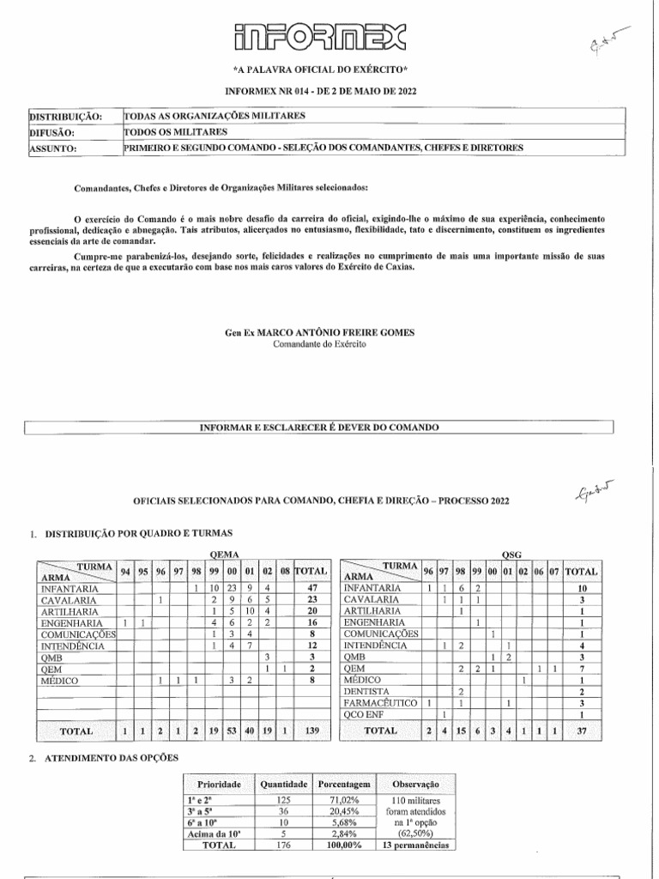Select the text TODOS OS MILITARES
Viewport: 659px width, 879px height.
coord(177,132)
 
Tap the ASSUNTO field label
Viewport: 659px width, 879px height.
coord(54,148)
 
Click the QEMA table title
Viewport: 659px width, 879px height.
coord(224,555)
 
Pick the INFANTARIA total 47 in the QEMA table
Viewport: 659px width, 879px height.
coord(312,589)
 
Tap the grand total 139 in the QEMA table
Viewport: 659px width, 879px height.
coord(312,730)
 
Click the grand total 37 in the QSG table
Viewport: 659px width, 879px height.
coord(581,730)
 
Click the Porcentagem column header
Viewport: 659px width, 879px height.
coord(343,785)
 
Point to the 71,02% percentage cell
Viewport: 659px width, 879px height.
coord(343,800)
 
